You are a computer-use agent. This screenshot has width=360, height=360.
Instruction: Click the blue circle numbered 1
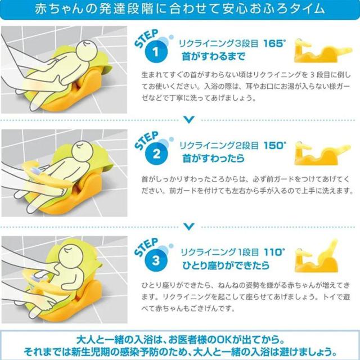click(156, 52)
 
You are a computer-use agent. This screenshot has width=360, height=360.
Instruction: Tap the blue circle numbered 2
click(156, 154)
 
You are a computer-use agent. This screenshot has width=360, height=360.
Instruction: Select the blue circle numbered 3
click(156, 260)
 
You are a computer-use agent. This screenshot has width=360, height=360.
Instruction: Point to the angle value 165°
click(274, 43)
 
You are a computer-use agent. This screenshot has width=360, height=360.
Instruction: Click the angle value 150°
click(275, 145)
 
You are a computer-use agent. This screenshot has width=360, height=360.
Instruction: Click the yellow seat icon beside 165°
click(322, 51)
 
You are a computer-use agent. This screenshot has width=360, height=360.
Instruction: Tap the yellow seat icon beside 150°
click(322, 153)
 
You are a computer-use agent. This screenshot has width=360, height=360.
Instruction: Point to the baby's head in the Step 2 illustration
click(83, 152)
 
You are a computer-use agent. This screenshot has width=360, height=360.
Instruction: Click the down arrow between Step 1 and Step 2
click(189, 120)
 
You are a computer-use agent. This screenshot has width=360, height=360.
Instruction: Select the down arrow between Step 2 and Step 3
click(189, 226)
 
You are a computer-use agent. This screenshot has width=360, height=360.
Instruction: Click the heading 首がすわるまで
click(214, 56)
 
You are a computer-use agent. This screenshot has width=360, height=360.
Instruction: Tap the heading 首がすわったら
click(213, 158)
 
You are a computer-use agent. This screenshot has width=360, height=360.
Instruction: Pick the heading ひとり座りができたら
click(226, 265)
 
